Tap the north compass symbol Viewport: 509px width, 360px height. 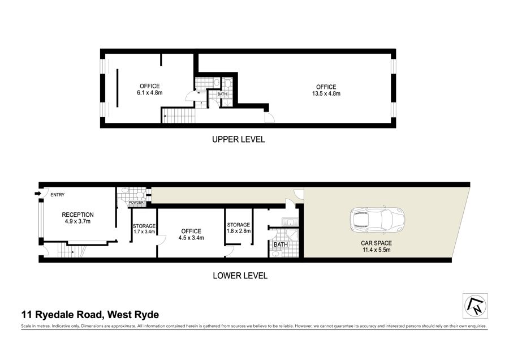point(476,306)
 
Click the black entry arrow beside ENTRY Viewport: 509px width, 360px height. point(37,194)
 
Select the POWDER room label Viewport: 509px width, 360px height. point(136,203)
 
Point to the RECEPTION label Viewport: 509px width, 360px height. point(77,215)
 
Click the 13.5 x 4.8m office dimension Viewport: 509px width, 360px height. point(326,93)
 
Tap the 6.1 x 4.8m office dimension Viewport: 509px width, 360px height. point(150,93)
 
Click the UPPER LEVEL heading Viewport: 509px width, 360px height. point(238,139)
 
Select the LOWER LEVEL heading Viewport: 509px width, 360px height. point(240,276)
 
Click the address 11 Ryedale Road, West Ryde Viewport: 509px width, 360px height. point(90,315)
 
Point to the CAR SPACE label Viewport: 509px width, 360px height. point(376,243)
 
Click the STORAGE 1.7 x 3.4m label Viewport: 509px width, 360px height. point(144,229)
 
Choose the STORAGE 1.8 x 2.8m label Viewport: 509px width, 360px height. point(239,228)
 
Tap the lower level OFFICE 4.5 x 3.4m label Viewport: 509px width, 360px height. point(191,234)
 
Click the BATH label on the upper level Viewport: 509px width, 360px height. point(222,94)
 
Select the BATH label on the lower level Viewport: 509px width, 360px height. point(281,245)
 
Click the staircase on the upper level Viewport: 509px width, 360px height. point(179,115)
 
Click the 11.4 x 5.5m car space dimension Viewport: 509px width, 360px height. point(377,250)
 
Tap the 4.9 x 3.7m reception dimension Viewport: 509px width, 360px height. point(77,221)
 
